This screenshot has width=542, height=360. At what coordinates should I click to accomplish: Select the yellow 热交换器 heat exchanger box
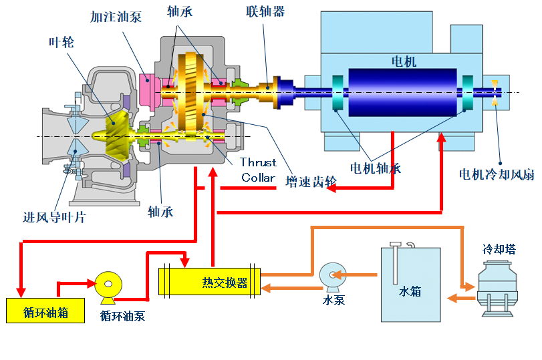[209, 281]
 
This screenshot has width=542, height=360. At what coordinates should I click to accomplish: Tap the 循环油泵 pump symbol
[107, 285]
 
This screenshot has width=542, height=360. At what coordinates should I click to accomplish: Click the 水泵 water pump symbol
[331, 275]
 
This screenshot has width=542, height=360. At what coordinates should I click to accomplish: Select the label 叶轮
[61, 42]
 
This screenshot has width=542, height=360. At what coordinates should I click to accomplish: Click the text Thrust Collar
[258, 170]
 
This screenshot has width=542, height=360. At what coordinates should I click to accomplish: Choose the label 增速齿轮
[310, 182]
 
